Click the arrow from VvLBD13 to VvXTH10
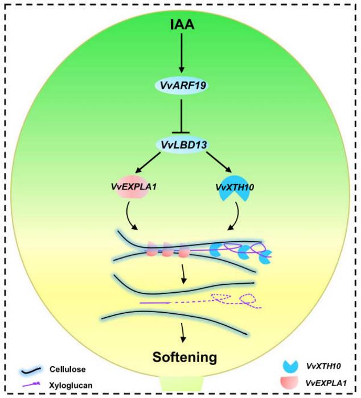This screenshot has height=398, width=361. tap(214, 165)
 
